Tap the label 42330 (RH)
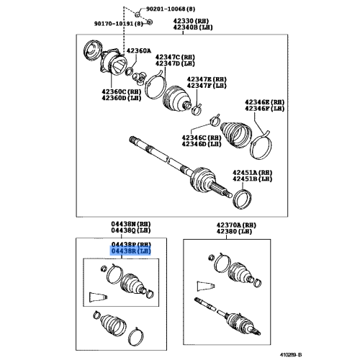(x=191, y=22)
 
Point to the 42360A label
(x=139, y=51)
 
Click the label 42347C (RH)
(x=176, y=55)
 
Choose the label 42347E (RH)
(x=207, y=79)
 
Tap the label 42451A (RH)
(x=252, y=173)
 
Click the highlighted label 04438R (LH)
(x=130, y=251)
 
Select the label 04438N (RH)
(x=130, y=225)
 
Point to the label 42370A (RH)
(x=234, y=225)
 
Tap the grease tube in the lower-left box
(x=100, y=297)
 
